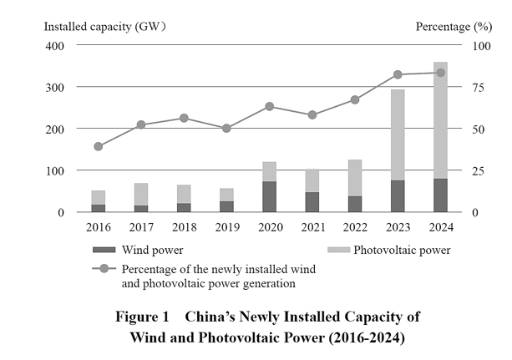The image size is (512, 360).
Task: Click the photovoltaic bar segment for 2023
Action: pyautogui.click(x=398, y=134)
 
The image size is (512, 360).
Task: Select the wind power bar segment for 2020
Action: pyautogui.click(x=269, y=196)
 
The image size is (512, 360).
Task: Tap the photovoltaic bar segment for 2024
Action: pyautogui.click(x=440, y=120)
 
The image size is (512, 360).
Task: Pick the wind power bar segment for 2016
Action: pyautogui.click(x=99, y=208)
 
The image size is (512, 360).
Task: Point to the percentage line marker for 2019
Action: pyautogui.click(x=226, y=128)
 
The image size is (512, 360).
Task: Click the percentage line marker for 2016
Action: pyautogui.click(x=99, y=146)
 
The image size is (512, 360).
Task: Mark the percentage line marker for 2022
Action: pyautogui.click(x=355, y=99)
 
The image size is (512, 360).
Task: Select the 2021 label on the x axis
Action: pyautogui.click(x=312, y=227)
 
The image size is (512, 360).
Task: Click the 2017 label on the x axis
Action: pyautogui.click(x=141, y=227)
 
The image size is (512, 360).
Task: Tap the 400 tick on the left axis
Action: pyautogui.click(x=55, y=45)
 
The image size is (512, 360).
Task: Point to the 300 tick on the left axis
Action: pyautogui.click(x=55, y=87)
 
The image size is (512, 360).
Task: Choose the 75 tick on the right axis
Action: pyautogui.click(x=479, y=87)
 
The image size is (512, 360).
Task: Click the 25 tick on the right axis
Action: pyautogui.click(x=479, y=170)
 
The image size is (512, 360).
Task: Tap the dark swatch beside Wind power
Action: pyautogui.click(x=102, y=250)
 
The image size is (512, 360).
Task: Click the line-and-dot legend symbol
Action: pyautogui.click(x=103, y=269)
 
